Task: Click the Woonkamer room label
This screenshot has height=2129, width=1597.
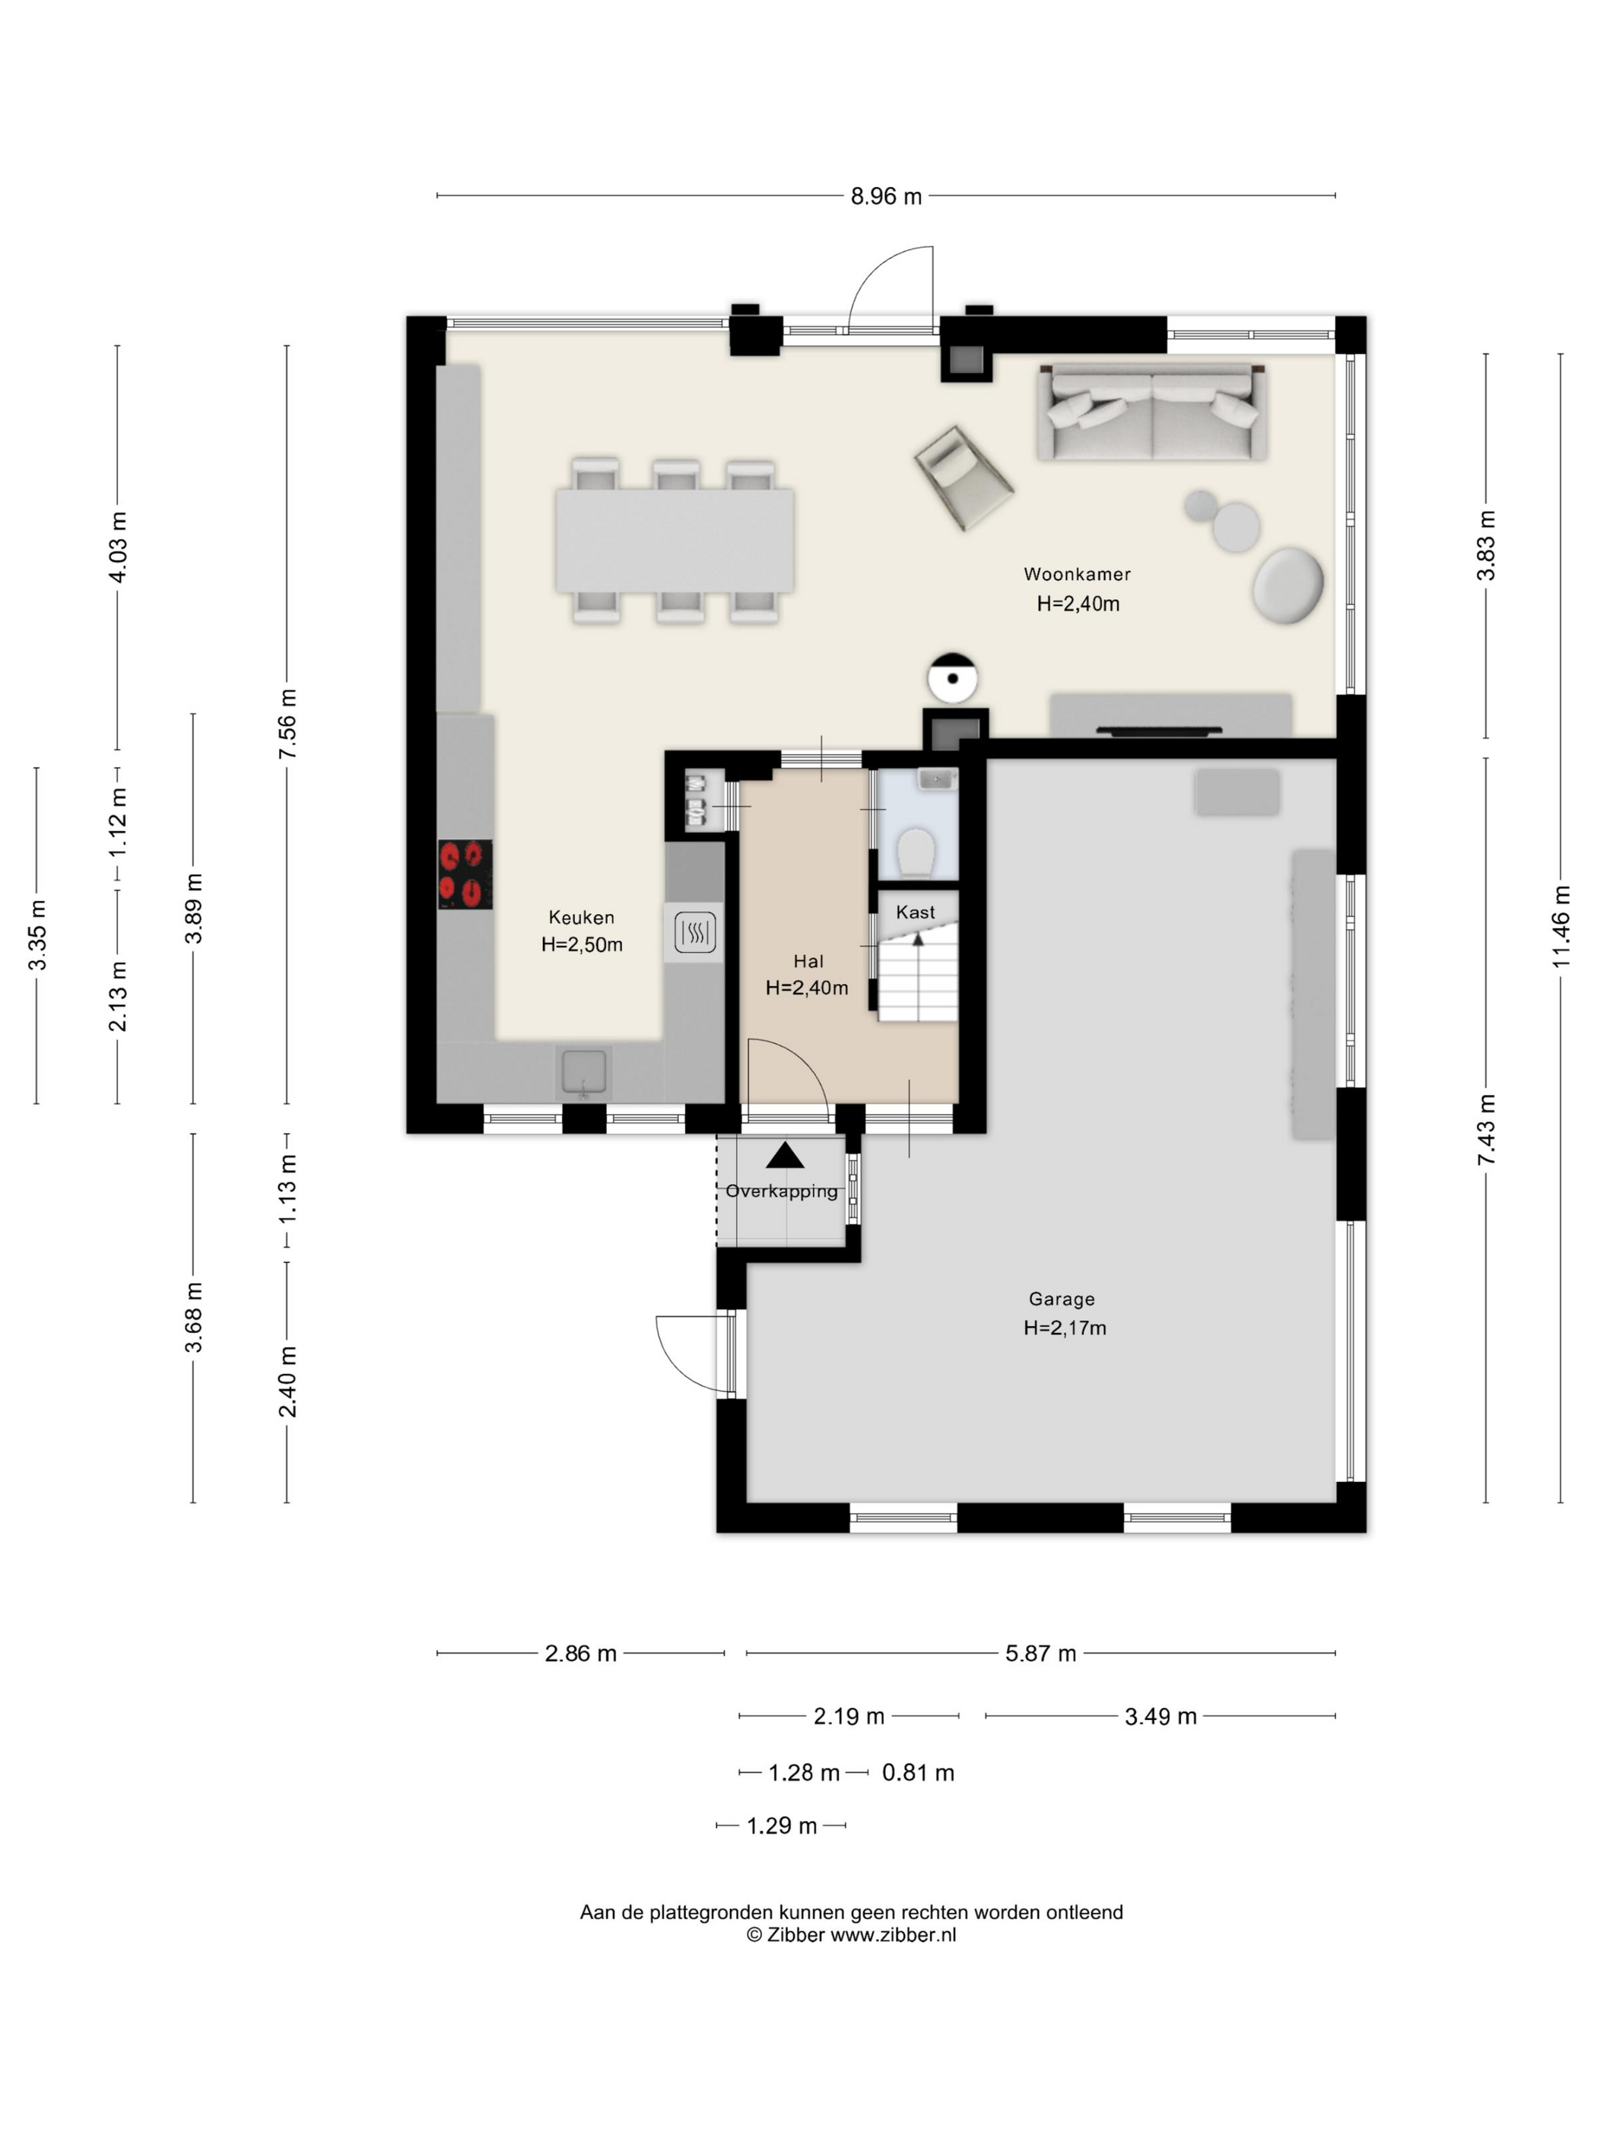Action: tap(1076, 575)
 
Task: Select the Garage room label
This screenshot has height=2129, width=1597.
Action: tap(1062, 1299)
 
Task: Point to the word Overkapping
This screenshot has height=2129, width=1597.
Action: tap(782, 1191)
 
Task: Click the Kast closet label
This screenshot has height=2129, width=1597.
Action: tap(916, 912)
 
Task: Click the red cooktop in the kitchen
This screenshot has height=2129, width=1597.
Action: tap(465, 874)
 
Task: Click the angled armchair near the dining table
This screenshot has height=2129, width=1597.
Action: tap(963, 478)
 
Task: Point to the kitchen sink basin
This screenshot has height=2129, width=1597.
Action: tap(583, 1073)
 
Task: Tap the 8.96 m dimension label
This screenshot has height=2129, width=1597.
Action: tap(886, 196)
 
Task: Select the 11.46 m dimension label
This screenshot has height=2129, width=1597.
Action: tap(1561, 926)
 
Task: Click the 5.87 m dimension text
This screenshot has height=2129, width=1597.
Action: tap(1040, 1654)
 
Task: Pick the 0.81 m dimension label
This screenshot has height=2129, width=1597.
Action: tap(919, 1773)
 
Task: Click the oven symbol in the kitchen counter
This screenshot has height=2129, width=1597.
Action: tap(694, 931)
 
